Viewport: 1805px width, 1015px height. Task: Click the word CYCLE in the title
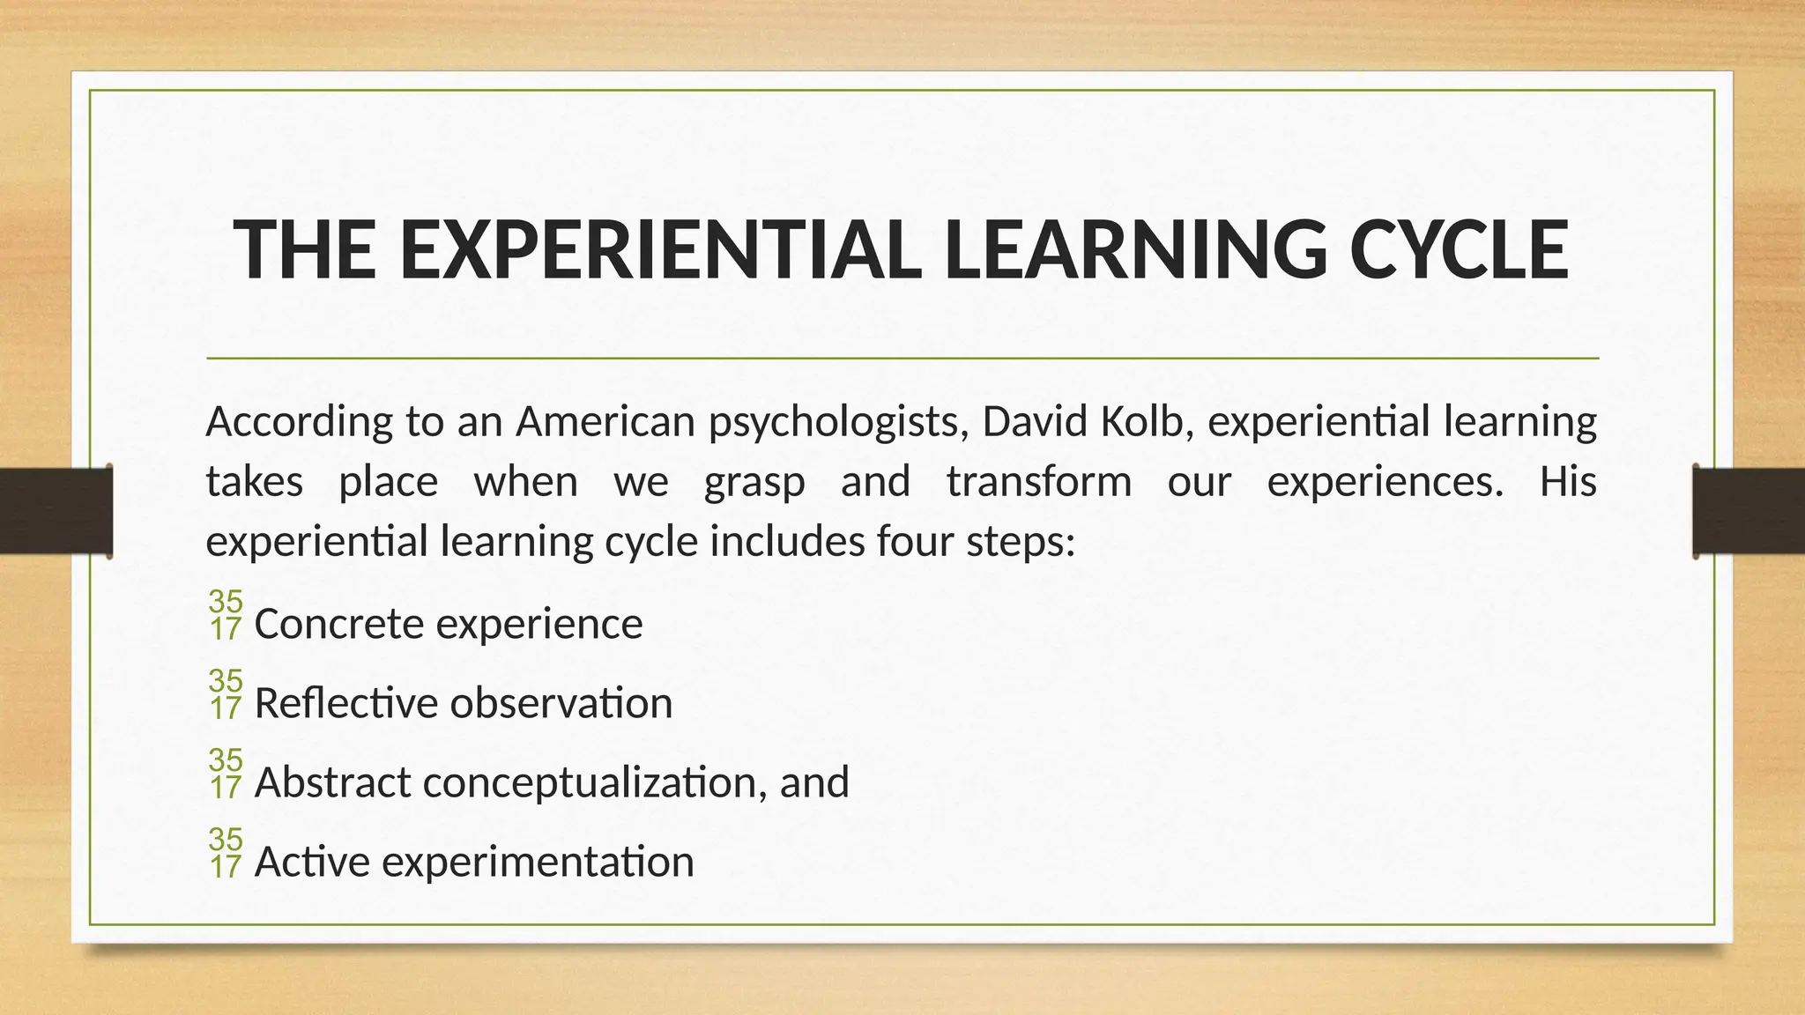[1459, 250]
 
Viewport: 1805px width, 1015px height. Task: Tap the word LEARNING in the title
[1134, 250]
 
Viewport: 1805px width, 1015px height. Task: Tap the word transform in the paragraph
[1039, 482]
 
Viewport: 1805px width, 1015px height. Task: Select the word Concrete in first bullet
[339, 625]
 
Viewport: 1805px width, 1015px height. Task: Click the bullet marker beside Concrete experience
[225, 615]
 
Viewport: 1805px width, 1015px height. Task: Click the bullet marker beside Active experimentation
[225, 853]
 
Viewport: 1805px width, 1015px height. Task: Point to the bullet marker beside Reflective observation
[225, 694]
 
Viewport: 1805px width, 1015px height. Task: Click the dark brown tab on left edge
[56, 511]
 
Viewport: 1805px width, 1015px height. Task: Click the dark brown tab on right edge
[1749, 511]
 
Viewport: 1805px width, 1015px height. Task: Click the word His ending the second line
[1567, 482]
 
